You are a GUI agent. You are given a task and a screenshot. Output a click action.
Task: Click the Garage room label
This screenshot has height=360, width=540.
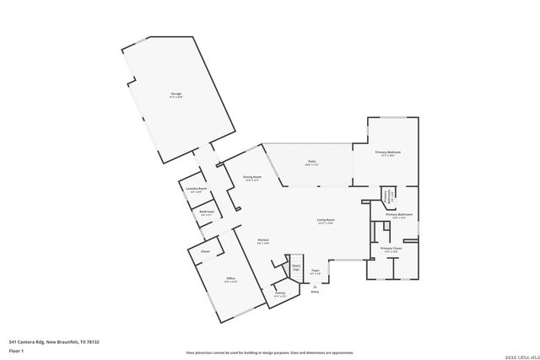point(176,94)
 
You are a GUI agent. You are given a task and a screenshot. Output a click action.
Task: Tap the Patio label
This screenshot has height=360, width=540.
point(310,163)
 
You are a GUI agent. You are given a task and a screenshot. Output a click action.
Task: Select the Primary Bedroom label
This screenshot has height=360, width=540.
point(388,153)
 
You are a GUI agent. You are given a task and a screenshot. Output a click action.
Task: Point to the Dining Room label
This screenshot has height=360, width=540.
point(252,177)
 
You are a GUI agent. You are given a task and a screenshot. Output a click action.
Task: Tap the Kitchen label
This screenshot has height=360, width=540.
point(262,240)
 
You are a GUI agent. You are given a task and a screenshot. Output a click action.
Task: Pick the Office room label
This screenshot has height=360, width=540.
point(230,279)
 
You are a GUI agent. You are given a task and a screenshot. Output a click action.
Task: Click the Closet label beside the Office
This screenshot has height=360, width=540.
point(205,251)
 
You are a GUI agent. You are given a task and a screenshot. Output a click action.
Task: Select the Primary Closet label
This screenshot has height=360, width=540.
point(391,249)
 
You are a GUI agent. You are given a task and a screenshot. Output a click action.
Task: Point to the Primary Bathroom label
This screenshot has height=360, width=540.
point(399,215)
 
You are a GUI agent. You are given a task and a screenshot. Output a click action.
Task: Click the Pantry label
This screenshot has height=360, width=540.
point(280,294)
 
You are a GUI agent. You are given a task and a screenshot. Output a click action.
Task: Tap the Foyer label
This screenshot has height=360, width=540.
point(315,271)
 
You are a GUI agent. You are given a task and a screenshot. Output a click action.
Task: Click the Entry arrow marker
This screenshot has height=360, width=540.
point(315,286)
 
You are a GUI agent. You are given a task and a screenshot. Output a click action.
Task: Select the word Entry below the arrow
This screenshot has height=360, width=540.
point(315,292)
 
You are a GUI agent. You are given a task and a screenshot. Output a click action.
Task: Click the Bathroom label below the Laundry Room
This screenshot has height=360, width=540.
point(207,212)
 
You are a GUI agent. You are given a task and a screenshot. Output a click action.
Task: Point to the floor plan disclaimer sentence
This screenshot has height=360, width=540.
point(269,352)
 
